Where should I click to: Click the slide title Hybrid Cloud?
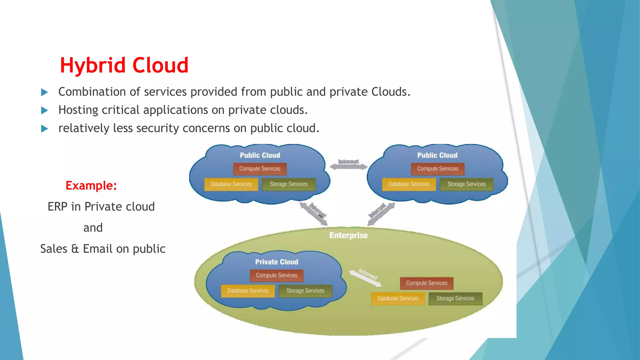[124, 65]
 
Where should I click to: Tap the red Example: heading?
[91, 186]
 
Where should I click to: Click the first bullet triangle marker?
[45, 92]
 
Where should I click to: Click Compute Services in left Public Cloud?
[260, 169]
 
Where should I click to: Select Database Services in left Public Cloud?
[231, 184]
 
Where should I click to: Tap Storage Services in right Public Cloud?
[466, 184]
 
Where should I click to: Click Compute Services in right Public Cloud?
[437, 169]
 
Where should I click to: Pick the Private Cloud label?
[277, 262]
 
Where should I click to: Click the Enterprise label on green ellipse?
[348, 235]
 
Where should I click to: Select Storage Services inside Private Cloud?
[305, 291]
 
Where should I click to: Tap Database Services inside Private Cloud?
[248, 291]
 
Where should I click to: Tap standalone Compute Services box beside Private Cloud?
[427, 283]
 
